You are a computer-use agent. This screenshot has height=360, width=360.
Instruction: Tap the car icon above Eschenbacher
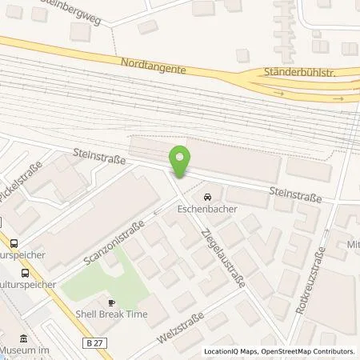click(207, 197)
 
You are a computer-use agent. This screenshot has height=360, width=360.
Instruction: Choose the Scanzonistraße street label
click(112, 242)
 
